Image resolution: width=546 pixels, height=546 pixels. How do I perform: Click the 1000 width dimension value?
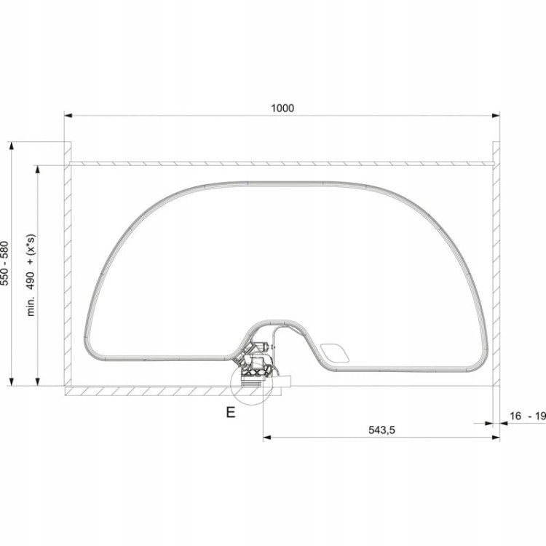click(282, 108)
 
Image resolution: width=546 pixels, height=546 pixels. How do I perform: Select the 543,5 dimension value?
click(381, 430)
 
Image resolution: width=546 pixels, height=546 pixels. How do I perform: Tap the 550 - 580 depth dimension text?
click(5, 264)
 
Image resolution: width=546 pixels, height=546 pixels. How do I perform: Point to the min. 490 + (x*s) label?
click(31, 275)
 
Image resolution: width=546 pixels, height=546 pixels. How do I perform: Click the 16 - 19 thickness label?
click(528, 416)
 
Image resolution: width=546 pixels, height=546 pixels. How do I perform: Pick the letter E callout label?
click(231, 412)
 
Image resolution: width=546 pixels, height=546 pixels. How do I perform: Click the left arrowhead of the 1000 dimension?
click(68, 115)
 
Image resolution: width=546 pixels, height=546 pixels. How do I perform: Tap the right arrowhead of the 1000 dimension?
click(496, 115)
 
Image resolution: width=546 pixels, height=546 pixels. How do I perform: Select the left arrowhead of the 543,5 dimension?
click(267, 438)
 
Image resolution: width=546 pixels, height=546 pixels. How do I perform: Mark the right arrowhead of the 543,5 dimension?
click(496, 438)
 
